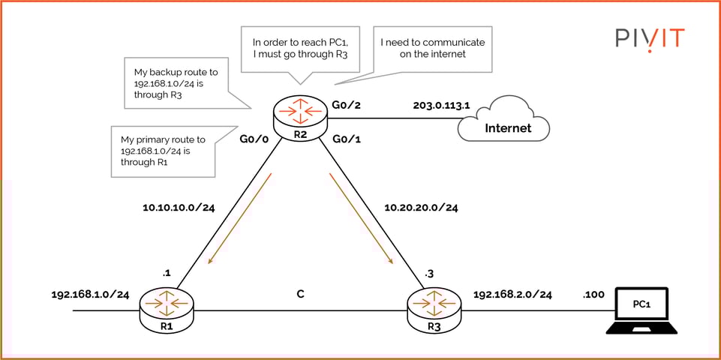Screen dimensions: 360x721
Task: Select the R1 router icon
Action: pos(167,309)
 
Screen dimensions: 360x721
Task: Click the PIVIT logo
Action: pos(650,38)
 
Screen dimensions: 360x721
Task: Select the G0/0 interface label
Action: pos(255,139)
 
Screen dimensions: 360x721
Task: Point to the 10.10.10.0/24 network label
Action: pos(178,207)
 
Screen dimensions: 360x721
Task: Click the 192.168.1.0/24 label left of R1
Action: pos(90,295)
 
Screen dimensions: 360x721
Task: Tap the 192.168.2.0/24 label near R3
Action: pos(512,295)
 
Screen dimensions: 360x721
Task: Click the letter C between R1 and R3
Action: pos(300,294)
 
